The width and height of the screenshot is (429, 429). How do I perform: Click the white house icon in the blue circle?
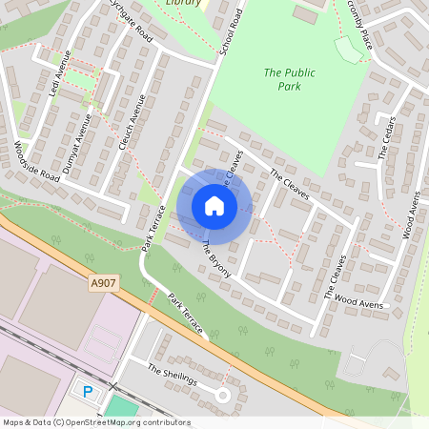[x=214, y=206]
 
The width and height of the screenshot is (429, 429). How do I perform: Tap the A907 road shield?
[x=104, y=282]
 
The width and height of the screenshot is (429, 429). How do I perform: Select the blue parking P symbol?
[x=89, y=391]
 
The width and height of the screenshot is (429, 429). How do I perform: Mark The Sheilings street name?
[x=172, y=374]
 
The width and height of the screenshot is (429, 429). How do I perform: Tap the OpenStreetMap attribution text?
[x=95, y=422]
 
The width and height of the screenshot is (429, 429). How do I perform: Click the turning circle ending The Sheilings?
[x=222, y=395]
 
